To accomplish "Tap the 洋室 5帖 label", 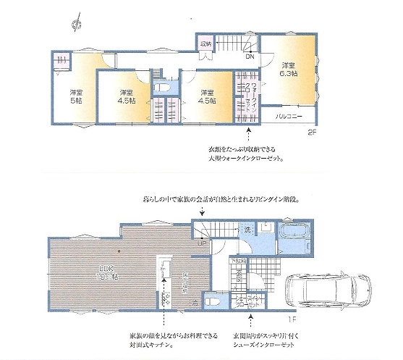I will point(75,97).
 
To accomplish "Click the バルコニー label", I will point(288,116).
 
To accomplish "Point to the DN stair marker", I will point(249,56).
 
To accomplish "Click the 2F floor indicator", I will point(312,132).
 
